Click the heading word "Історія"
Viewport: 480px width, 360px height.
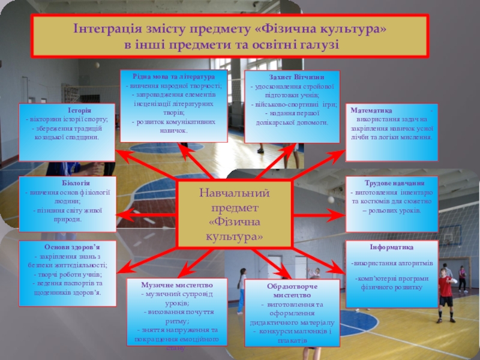pyautogui.click(x=79, y=110)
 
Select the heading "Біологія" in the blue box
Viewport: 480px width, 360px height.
pyautogui.click(x=76, y=182)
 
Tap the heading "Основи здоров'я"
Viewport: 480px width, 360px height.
pyautogui.click(x=72, y=247)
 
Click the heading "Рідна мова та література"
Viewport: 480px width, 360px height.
pyautogui.click(x=175, y=77)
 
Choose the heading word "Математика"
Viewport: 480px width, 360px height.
pyautogui.click(x=373, y=111)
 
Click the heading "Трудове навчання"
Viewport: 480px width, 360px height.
pyautogui.click(x=395, y=183)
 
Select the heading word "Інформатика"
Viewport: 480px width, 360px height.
pyautogui.click(x=392, y=247)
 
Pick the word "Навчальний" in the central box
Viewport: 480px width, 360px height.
pyautogui.click(x=235, y=194)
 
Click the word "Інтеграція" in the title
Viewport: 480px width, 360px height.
pyautogui.click(x=106, y=29)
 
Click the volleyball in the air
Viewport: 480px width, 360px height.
pyautogui.click(x=330, y=199)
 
